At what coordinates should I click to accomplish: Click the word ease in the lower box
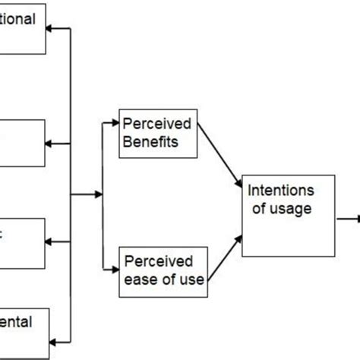141,279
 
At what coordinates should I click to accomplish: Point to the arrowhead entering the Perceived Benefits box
115,119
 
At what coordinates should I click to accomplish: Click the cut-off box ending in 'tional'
23,29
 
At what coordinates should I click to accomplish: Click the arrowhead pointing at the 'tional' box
52,30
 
